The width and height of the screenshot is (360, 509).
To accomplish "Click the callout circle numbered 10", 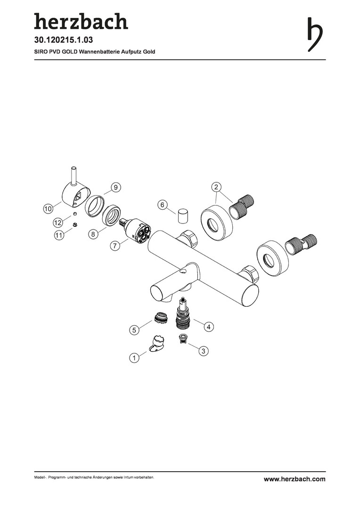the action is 48,209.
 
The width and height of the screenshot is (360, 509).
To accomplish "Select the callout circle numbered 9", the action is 115,187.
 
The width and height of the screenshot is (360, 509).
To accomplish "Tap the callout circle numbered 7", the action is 115,246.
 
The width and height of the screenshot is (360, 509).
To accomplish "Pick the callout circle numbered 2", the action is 217,187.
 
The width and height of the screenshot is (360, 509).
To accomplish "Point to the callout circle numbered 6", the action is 163,205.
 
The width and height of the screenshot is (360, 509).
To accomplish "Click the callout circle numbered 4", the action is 208,327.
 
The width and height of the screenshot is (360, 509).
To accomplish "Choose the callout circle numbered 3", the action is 203,351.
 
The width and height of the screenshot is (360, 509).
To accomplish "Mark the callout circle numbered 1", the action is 134,358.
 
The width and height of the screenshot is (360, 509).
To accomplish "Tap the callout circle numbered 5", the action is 134,330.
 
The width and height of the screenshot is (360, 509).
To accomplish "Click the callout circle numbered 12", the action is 58,222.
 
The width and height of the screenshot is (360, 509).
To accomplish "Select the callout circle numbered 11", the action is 59,235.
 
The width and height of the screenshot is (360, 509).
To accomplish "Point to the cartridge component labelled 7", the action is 135,230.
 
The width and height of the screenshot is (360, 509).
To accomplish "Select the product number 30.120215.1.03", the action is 64,40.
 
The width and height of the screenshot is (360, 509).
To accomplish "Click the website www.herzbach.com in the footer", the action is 294,479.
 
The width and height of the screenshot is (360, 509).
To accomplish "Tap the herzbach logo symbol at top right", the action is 315,34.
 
